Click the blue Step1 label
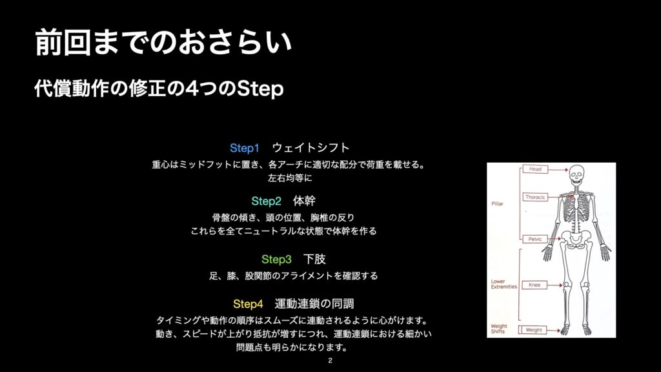245,148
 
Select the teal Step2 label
266,201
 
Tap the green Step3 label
276,260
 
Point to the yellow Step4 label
248,304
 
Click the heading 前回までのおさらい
163,42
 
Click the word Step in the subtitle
259,89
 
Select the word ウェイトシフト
310,148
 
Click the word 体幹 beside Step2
304,201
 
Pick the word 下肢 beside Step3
314,259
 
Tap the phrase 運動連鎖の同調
314,304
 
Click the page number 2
330,360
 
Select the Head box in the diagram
535,169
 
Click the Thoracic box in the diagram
535,197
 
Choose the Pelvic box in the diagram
535,239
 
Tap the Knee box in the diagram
534,285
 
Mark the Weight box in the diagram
534,330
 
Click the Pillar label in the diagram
498,203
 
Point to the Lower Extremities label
503,284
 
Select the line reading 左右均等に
290,178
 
